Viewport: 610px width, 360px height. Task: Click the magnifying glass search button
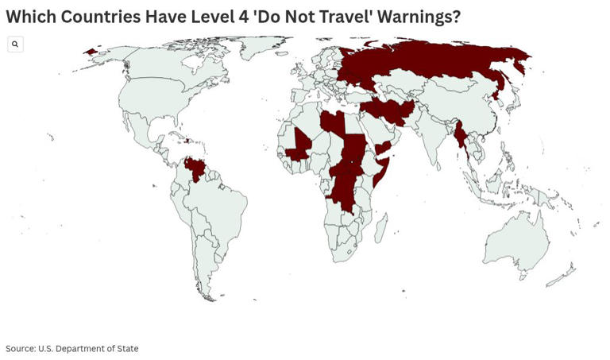15,45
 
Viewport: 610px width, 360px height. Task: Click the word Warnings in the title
410,17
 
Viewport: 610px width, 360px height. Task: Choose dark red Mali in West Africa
300,143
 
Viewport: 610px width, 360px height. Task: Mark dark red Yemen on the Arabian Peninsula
383,148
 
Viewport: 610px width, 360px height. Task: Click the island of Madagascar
382,230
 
